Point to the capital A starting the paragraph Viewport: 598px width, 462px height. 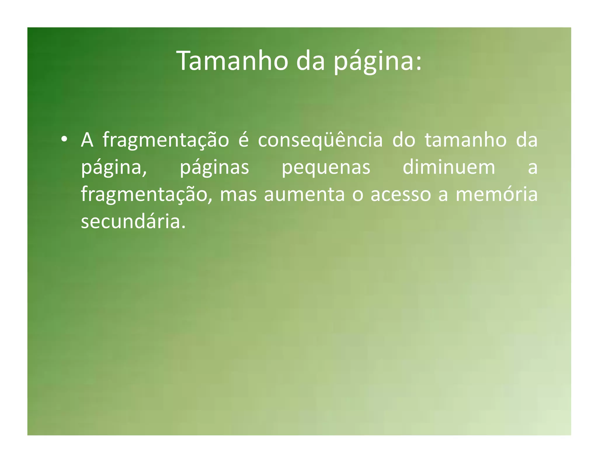87,140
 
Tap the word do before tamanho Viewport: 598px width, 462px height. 404,140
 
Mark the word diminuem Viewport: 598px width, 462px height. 449,167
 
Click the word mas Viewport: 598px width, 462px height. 238,194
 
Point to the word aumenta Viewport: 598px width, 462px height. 304,194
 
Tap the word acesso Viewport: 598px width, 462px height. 401,194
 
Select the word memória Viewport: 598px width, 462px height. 496,194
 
